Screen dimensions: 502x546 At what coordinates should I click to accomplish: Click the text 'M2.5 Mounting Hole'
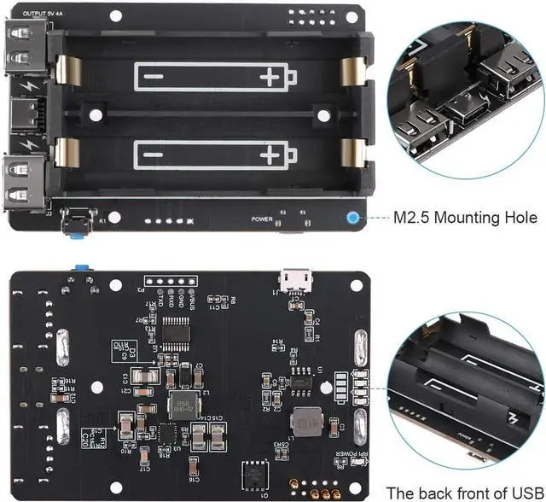[459, 217]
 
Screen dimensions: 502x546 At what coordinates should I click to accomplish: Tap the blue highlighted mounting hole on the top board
[352, 217]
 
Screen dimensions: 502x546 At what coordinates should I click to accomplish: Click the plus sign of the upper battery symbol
[270, 78]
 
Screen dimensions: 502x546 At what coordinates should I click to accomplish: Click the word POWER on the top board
[263, 219]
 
